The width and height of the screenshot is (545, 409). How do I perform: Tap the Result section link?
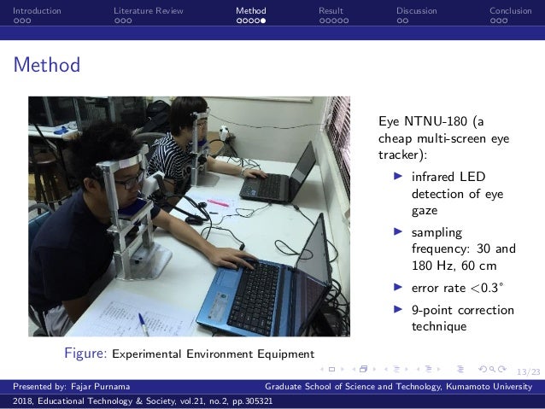point(331,11)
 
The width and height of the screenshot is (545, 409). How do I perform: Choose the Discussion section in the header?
point(416,11)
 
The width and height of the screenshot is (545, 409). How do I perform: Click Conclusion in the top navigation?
point(510,11)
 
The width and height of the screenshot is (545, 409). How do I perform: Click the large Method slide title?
point(47,65)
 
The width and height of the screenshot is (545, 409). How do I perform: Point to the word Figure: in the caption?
point(86,353)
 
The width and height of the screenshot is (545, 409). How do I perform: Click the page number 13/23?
point(529,371)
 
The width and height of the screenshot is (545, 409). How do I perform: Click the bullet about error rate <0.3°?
point(451,288)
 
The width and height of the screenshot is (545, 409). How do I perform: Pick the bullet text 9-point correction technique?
point(462,318)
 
